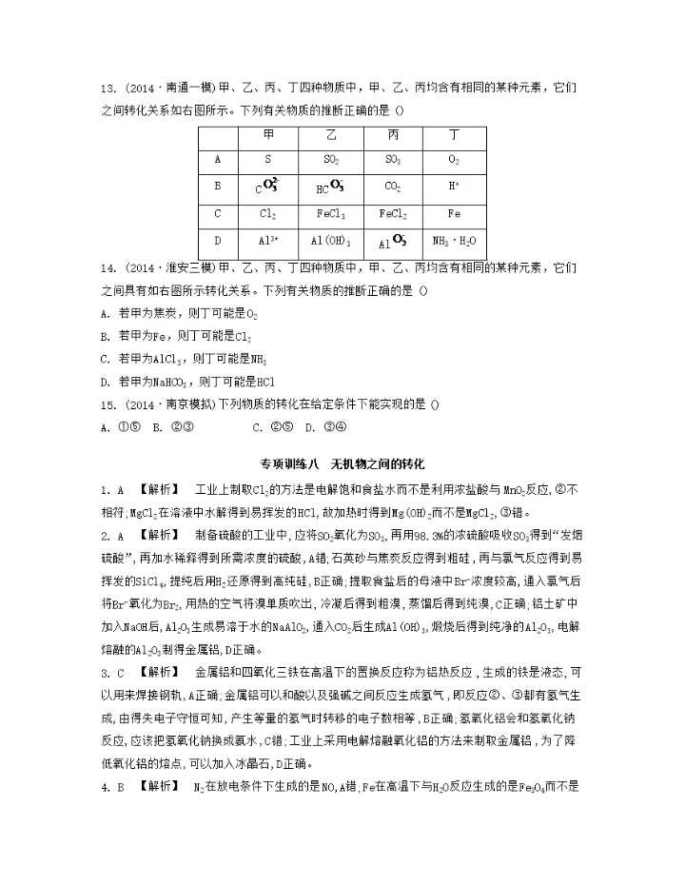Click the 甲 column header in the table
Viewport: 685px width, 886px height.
(x=267, y=136)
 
